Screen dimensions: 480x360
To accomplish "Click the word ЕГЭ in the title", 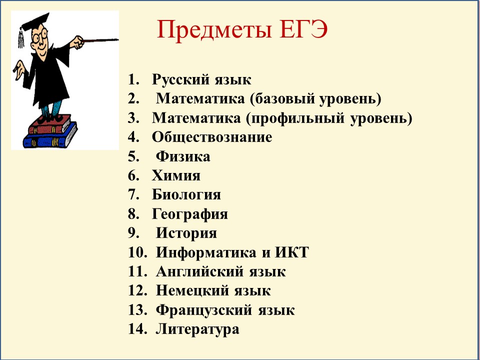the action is pos(303,29).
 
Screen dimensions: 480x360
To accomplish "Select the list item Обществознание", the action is pos(212,137).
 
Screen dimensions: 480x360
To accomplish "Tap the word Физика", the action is pos(183,156).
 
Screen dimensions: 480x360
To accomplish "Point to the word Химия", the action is pos(176,175).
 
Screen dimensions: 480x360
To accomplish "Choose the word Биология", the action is pos(186,194).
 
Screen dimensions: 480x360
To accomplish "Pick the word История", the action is pos(186,233).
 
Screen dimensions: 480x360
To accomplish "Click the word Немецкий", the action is pos(192,291).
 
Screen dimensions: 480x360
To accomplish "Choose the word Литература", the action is pos(197,329).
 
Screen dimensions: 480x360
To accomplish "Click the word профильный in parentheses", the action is pos(295,118).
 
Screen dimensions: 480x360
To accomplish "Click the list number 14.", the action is pos(137,329).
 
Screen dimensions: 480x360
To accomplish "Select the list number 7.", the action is pos(134,194).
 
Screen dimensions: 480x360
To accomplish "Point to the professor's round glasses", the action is pos(40,36).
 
